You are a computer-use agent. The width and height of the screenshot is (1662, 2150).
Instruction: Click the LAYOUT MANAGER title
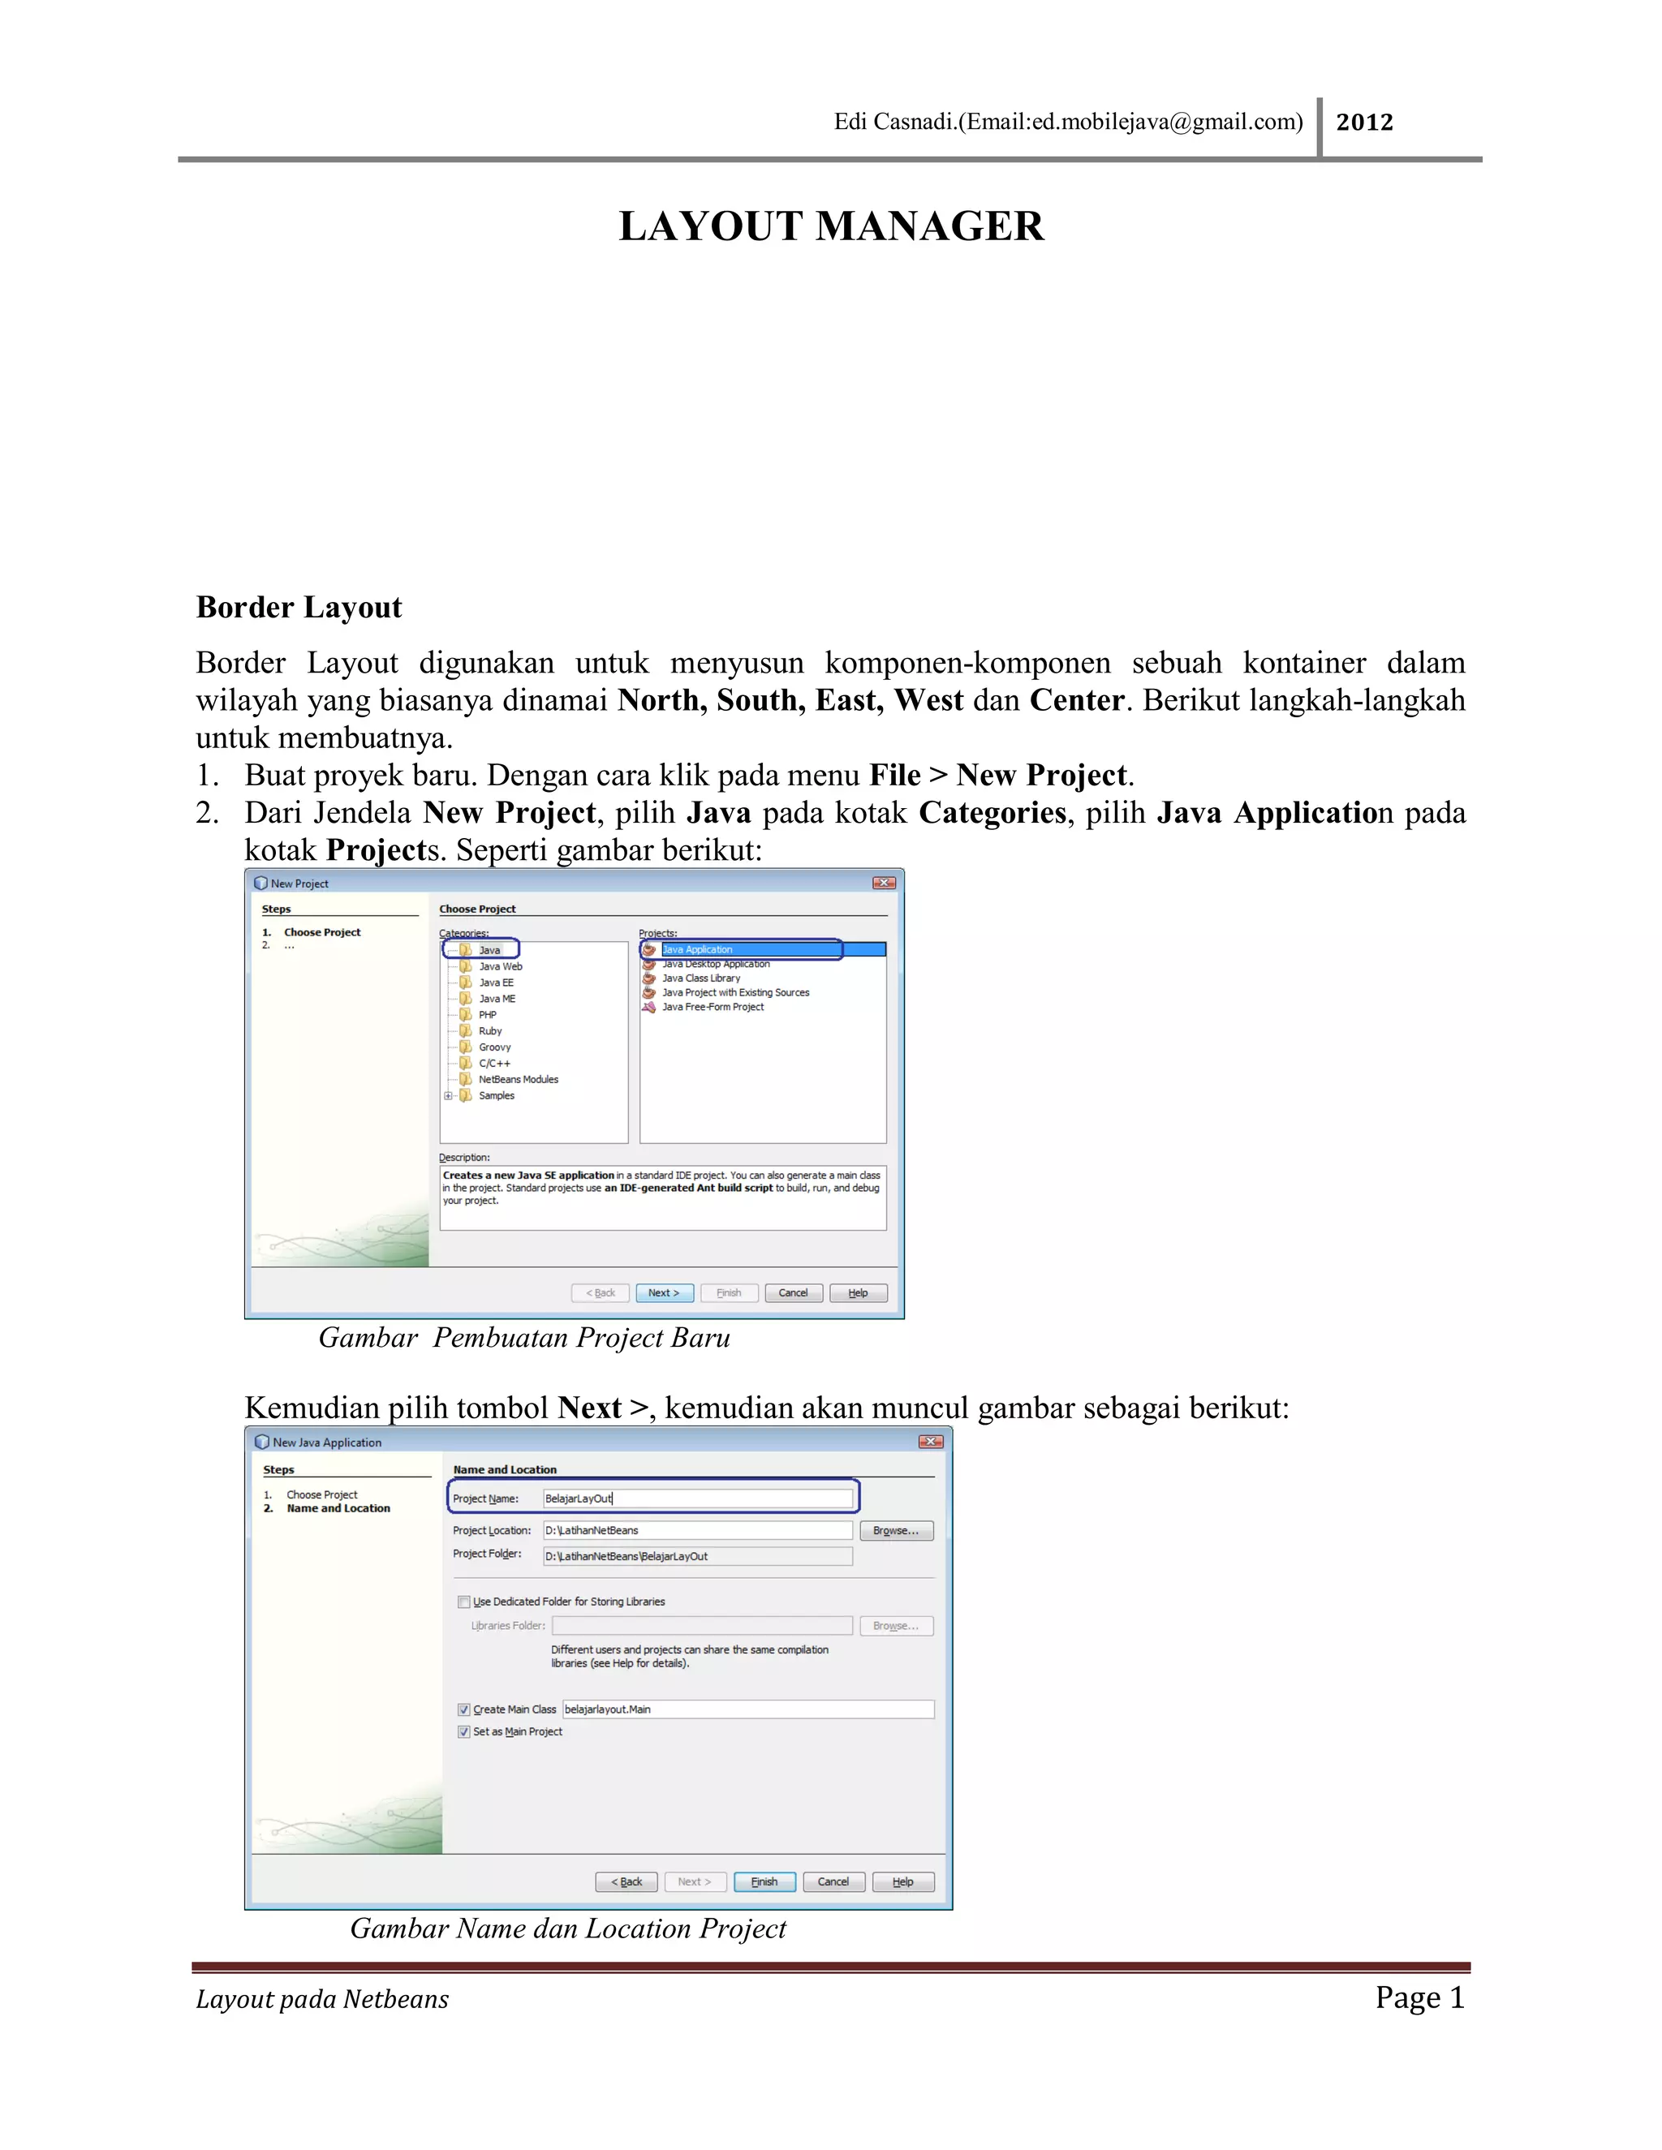pos(830,226)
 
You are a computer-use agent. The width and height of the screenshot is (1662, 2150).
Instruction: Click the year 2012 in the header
pos(1363,122)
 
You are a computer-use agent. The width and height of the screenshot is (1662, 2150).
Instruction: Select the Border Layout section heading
pos(299,608)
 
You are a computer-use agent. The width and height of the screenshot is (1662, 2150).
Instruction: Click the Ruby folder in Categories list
pos(489,1030)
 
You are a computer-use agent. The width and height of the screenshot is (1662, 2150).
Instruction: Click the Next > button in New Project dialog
pos(664,1292)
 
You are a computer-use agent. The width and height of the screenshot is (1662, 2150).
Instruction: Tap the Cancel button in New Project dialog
pos(793,1292)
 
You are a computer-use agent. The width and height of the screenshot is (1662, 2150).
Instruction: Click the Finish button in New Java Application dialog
pos(764,1881)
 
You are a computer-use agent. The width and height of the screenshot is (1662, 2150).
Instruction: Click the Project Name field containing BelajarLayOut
pos(697,1499)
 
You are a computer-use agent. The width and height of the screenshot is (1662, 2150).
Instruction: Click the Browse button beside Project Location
pos(895,1531)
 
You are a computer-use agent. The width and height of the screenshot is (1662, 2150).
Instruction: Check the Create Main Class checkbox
pos(463,1710)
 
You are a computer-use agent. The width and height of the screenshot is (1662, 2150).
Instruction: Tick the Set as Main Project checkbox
pos(463,1731)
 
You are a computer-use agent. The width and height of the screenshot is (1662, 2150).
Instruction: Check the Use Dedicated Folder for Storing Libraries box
pos(463,1602)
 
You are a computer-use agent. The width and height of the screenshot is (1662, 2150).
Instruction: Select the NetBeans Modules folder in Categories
pos(518,1079)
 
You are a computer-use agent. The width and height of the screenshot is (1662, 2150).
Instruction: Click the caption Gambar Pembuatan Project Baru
pos(523,1338)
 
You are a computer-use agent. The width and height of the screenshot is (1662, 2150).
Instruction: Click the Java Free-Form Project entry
pos(712,1007)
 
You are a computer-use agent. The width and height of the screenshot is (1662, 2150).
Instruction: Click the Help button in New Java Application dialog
pos(902,1881)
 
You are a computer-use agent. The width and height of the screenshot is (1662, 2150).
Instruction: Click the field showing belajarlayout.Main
pos(747,1709)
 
